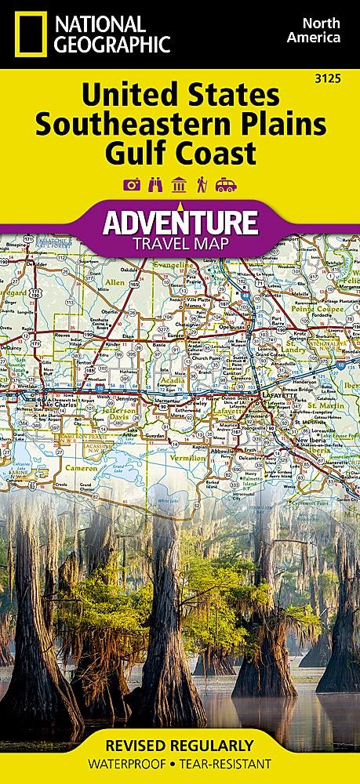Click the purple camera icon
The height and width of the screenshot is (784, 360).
(x=132, y=184)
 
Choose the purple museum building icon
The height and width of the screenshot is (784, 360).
(x=179, y=184)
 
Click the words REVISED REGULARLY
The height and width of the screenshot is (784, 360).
(x=180, y=744)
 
